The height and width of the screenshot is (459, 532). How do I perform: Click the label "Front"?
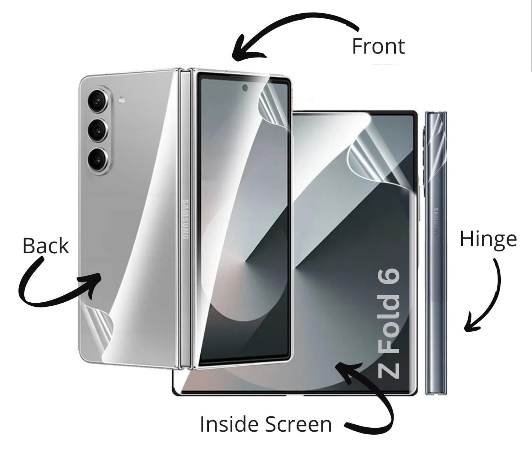[378, 46]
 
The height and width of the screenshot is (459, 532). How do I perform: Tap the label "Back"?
[46, 246]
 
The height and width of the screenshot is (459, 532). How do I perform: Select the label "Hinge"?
[488, 239]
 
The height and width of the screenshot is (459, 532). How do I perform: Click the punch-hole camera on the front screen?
[245, 88]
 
